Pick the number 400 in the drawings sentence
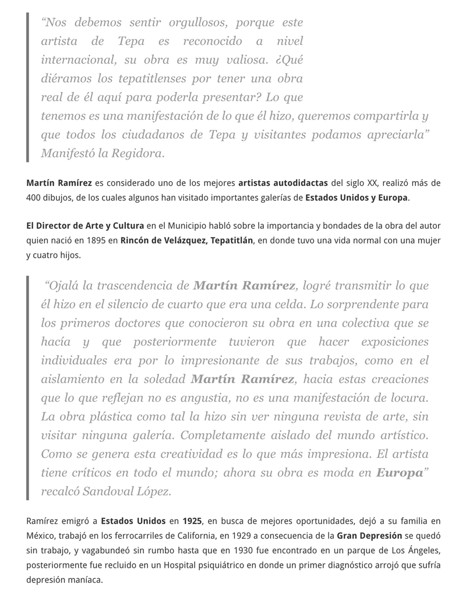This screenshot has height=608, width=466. point(34,198)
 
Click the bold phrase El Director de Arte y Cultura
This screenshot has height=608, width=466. point(85,226)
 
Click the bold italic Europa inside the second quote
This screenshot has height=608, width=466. point(400,473)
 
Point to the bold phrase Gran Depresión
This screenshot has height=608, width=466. point(369,536)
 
